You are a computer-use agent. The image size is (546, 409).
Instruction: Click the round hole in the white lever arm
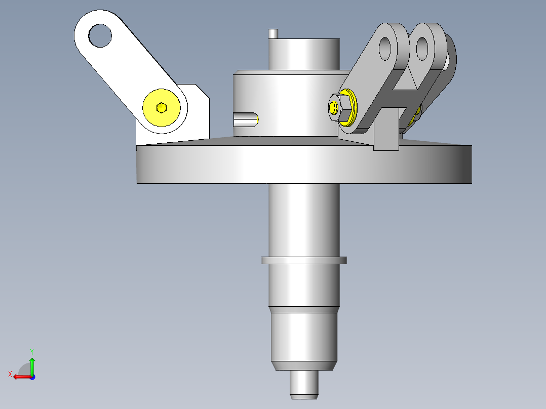(100, 35)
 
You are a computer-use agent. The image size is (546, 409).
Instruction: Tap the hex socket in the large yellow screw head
(161, 107)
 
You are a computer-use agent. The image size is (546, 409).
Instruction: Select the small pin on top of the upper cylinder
(273, 34)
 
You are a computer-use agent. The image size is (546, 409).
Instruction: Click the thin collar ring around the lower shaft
(304, 260)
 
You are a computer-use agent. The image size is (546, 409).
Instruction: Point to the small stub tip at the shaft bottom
(304, 385)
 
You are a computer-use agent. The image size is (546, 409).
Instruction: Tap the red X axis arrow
(23, 377)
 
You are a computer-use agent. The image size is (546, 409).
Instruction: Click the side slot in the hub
(246, 119)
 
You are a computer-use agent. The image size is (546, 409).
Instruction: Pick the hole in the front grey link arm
(385, 49)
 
